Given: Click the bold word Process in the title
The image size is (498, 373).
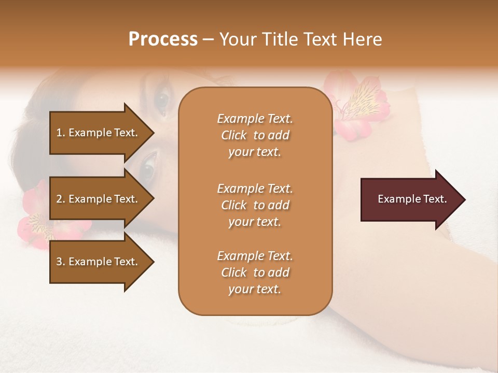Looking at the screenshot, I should click(x=163, y=39).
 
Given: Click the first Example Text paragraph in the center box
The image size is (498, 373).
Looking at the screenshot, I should click(x=255, y=135).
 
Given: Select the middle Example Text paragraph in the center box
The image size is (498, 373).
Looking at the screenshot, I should click(x=255, y=205).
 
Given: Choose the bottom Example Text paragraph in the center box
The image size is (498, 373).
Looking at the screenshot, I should click(x=255, y=272).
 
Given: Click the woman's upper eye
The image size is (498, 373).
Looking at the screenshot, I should click(x=163, y=100).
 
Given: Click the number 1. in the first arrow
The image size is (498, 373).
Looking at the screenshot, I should click(x=61, y=133).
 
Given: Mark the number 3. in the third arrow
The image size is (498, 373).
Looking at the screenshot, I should click(x=61, y=262).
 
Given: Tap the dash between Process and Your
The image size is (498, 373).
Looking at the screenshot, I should click(x=209, y=40).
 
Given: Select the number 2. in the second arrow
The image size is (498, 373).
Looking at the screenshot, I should click(x=61, y=199).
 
